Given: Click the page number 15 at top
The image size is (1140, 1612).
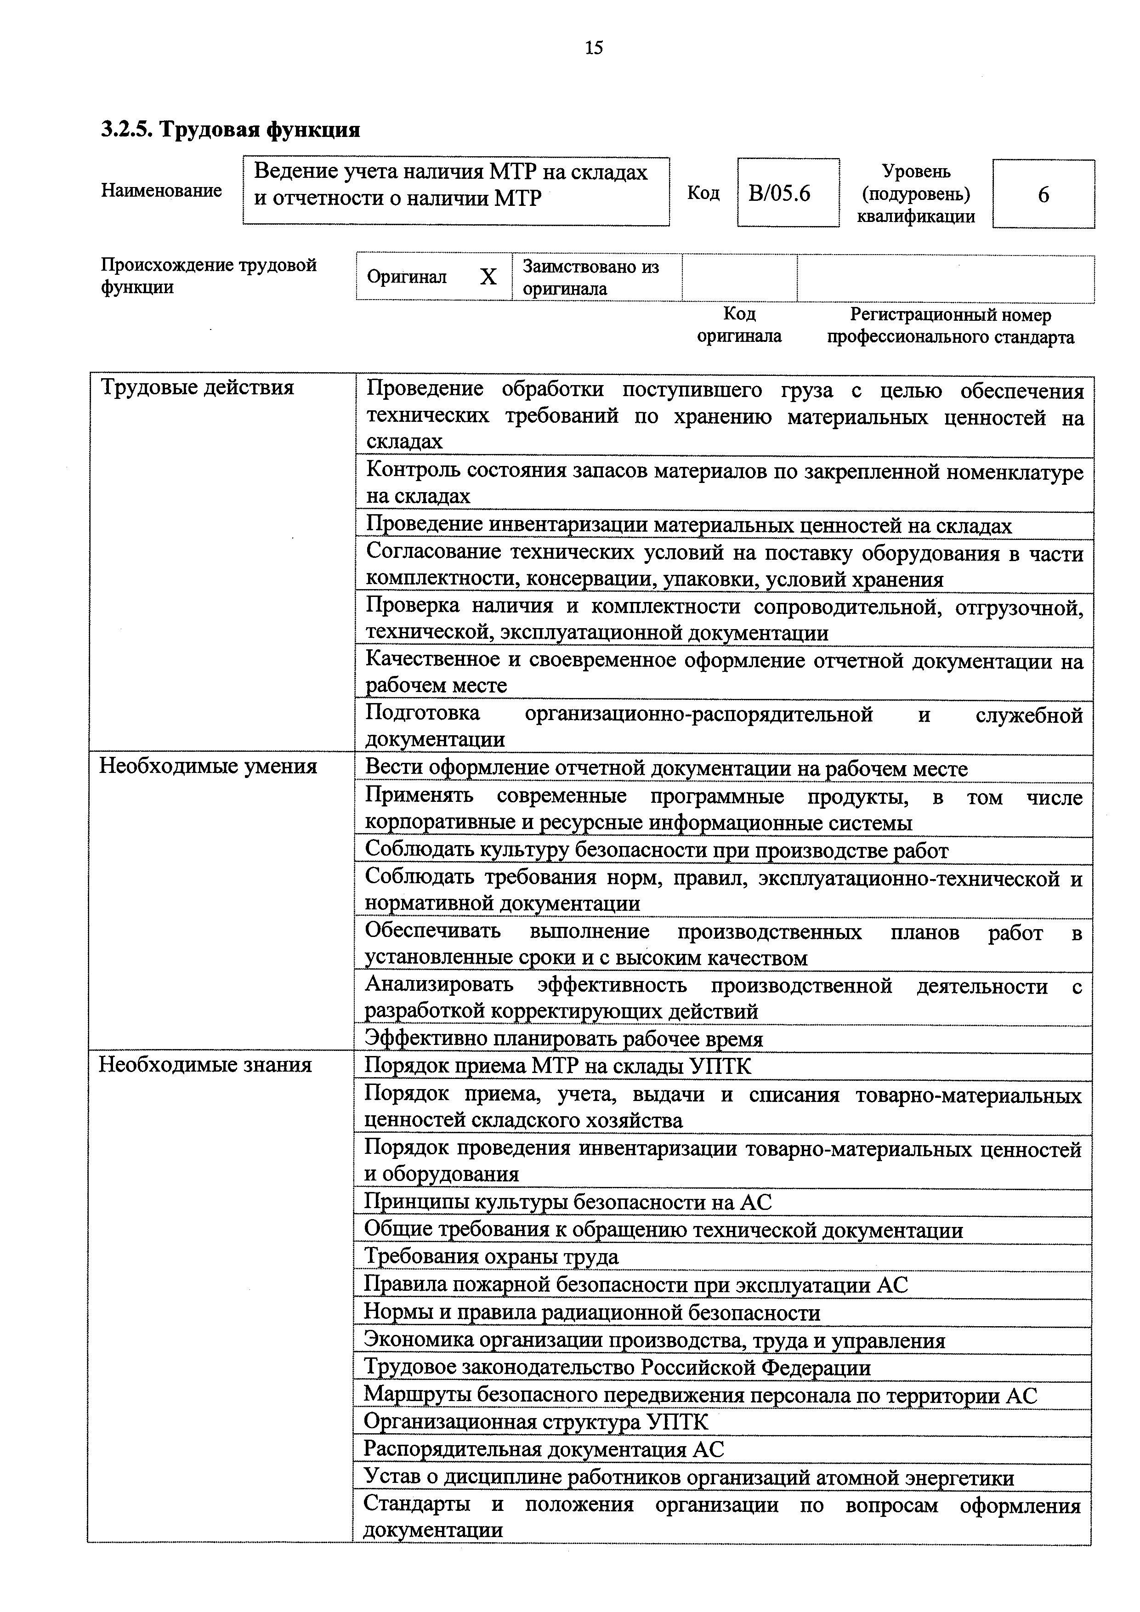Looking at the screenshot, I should (x=593, y=48).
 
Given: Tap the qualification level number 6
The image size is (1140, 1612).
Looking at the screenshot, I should (x=1043, y=194).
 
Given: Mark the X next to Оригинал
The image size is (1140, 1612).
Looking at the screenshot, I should (x=488, y=278).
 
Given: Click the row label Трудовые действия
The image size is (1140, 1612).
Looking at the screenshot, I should (x=197, y=387).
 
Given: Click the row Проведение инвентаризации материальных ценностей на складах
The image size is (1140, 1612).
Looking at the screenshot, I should (x=689, y=525).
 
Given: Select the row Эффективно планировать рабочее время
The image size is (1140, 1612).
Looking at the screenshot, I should (x=564, y=1039).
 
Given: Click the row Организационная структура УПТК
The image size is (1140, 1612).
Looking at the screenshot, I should (x=536, y=1422).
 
